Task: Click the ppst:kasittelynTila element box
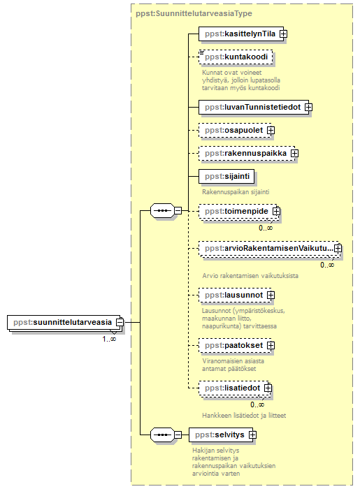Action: [x=241, y=34]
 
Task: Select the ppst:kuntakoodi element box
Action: [x=236, y=57]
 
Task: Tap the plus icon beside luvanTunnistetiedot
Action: [x=308, y=108]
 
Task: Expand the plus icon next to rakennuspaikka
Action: [x=294, y=154]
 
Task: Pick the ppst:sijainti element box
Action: [x=226, y=177]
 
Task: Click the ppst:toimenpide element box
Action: [x=238, y=212]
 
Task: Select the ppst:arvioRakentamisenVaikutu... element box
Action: [x=268, y=249]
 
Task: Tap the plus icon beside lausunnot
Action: [x=271, y=295]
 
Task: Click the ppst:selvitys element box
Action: [x=221, y=435]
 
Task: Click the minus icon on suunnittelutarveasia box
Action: [x=120, y=322]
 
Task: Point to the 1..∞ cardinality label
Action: [x=109, y=339]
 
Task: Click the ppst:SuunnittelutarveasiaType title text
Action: [x=194, y=13]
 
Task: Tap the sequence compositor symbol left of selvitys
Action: [x=162, y=435]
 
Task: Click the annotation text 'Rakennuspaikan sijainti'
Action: [x=236, y=192]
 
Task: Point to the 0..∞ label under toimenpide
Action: [x=266, y=228]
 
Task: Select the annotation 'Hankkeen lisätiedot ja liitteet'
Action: [x=244, y=416]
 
